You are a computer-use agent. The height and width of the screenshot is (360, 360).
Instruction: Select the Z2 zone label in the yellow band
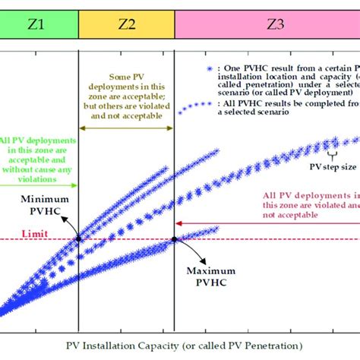click(126, 24)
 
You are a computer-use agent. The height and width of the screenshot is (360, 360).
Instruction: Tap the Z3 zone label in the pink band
click(276, 24)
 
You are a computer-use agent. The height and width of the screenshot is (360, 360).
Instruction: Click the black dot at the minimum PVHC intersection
click(78, 239)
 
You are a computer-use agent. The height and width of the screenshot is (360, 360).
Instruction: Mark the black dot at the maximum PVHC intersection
click(175, 239)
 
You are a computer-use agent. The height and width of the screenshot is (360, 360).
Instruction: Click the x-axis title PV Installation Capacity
click(179, 348)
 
